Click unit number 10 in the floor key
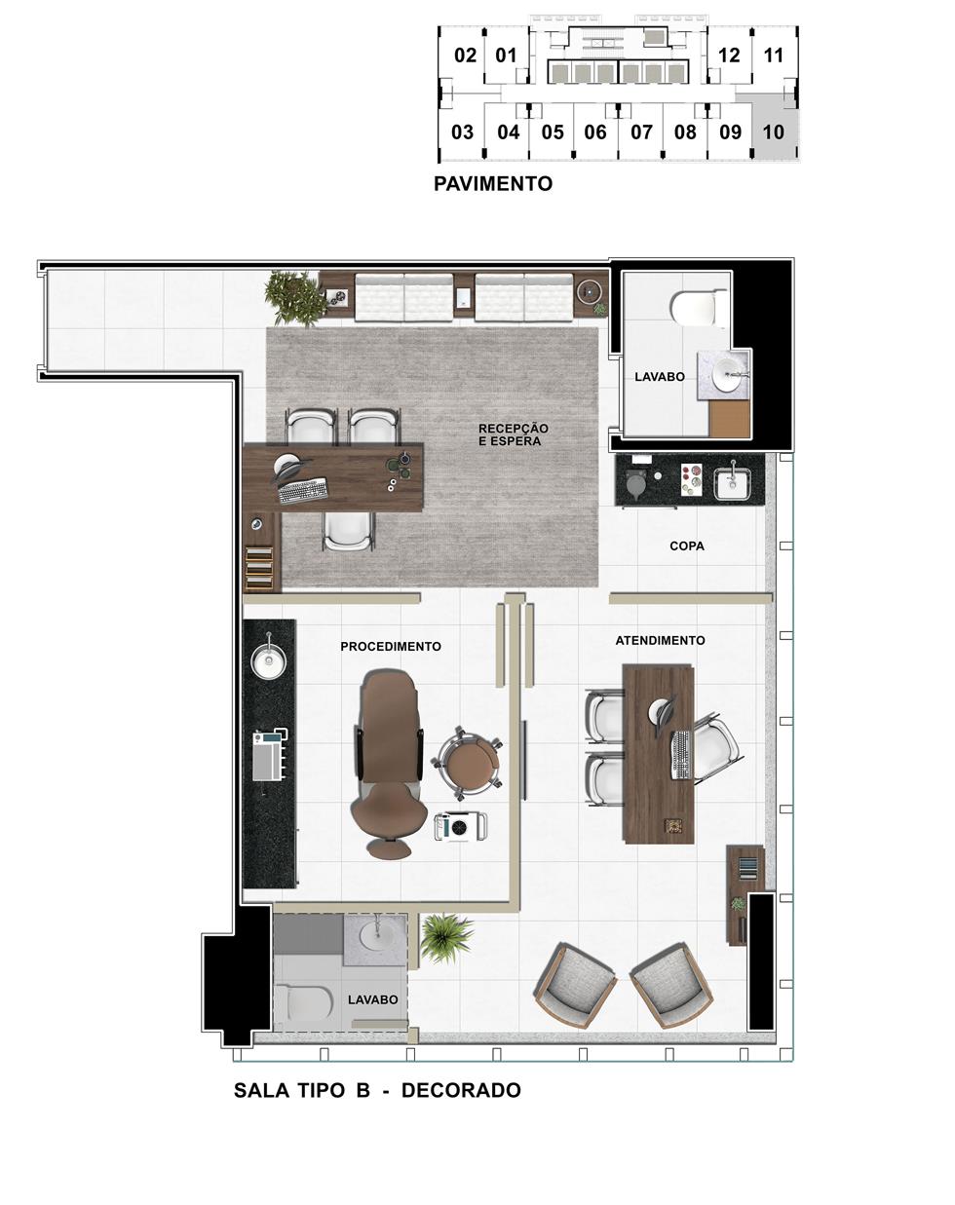(774, 132)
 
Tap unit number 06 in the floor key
(595, 132)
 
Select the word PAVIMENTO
(493, 184)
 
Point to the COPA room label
(687, 546)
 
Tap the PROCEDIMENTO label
(391, 647)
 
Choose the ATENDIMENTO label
(661, 641)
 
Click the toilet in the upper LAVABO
(698, 308)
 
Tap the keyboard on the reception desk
(302, 491)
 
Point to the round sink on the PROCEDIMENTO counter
(269, 661)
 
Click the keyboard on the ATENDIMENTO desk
(682, 755)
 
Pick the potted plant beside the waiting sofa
(294, 297)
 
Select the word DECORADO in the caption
(462, 1090)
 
